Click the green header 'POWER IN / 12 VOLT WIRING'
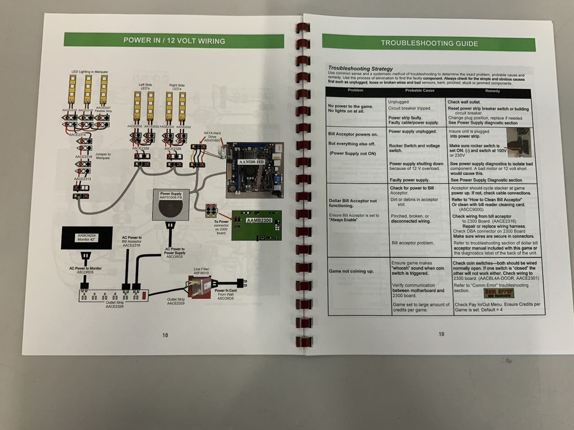coord(174,41)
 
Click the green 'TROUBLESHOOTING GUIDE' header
coord(429,43)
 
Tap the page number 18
coord(165,335)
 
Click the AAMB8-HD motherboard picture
coord(254,170)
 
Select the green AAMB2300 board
coord(256,226)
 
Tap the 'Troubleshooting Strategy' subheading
coord(360,69)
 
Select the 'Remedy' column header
coord(492,91)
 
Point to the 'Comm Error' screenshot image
coord(498,293)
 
